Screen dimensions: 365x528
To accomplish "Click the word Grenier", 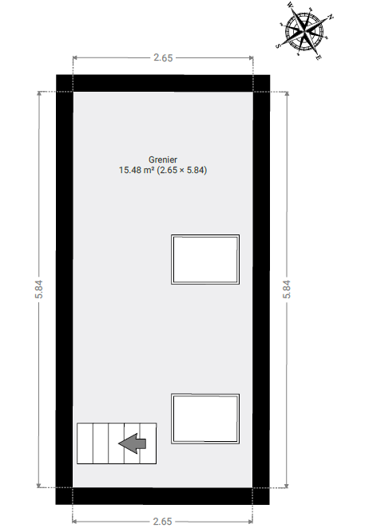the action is click(x=163, y=160).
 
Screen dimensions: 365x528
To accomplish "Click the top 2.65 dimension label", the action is click(x=163, y=58).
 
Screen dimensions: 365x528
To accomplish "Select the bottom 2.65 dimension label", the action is click(x=163, y=522).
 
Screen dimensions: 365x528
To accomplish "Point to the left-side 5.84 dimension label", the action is click(x=39, y=290).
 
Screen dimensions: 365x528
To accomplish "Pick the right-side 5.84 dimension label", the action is click(x=287, y=290).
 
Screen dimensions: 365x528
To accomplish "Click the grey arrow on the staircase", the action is click(x=133, y=443).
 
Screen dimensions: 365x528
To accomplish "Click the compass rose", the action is click(x=304, y=33).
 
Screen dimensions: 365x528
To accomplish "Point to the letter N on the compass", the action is click(x=331, y=17).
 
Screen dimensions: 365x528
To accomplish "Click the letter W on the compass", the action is click(x=290, y=5).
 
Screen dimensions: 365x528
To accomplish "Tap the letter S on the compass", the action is click(x=278, y=46).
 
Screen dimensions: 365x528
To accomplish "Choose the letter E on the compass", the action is click(x=319, y=57).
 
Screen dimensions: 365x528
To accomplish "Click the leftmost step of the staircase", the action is click(x=85, y=443).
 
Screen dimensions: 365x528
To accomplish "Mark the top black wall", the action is click(x=163, y=83).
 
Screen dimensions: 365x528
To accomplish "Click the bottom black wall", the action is click(x=163, y=495).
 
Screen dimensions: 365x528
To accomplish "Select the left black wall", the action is click(x=65, y=290).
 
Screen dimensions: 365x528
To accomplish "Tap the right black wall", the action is click(x=261, y=290).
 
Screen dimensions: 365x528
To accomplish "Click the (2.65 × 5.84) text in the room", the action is click(x=182, y=170).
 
